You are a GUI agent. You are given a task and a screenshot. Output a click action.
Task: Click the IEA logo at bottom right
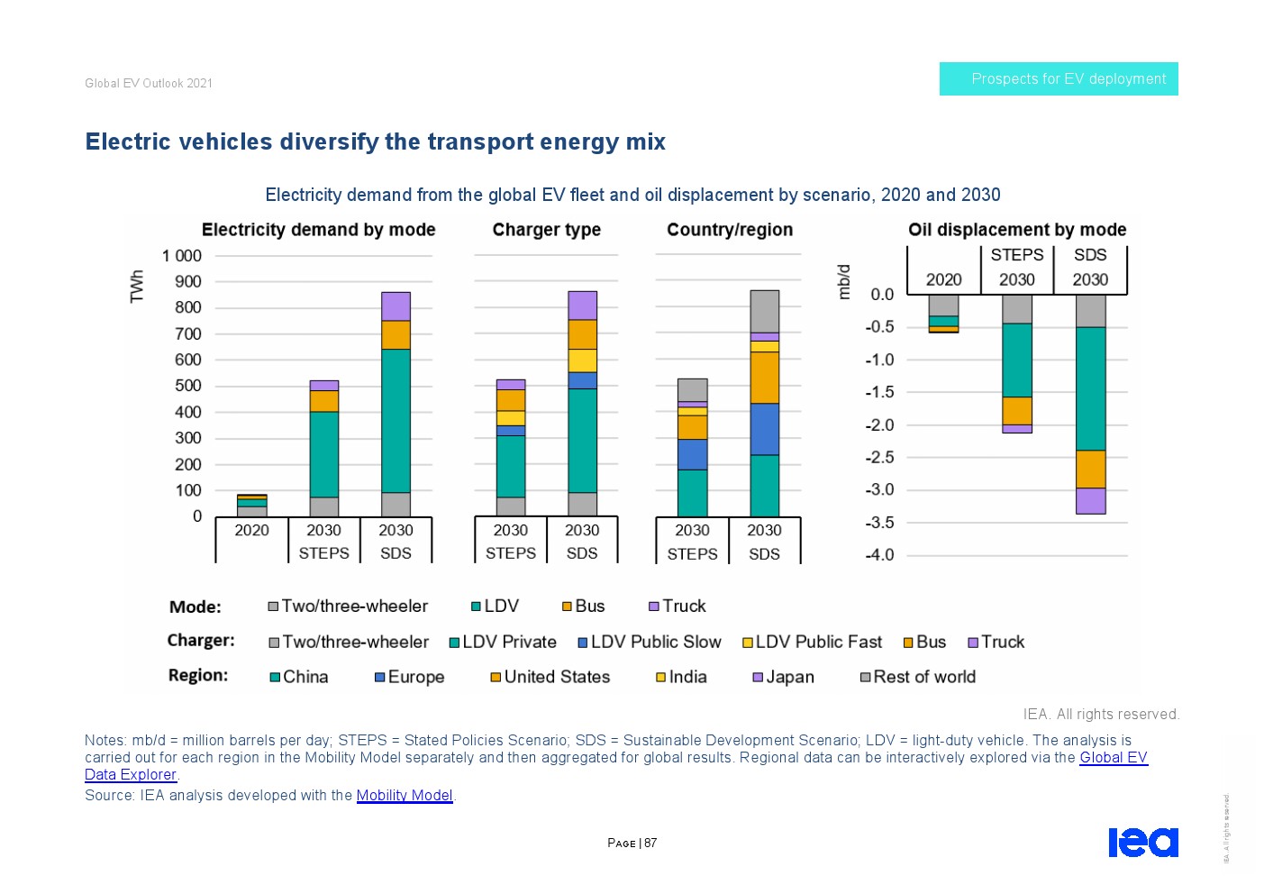(x=1142, y=842)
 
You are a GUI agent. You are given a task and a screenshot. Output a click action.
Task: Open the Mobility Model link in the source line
(x=404, y=795)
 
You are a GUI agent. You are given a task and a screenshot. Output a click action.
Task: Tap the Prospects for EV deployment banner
(x=1059, y=79)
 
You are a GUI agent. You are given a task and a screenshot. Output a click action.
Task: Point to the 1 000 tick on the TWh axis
(x=182, y=256)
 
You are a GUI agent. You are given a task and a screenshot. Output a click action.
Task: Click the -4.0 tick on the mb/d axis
(x=879, y=555)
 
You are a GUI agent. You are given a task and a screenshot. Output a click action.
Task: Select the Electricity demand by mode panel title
(x=318, y=230)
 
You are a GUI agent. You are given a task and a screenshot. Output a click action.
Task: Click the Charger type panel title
(x=546, y=230)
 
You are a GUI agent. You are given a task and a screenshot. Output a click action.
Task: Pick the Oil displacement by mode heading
(x=1016, y=230)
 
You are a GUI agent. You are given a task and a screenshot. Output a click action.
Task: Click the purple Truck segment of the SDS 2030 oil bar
(x=1090, y=501)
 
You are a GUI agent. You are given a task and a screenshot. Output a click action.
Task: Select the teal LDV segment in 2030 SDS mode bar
(x=396, y=420)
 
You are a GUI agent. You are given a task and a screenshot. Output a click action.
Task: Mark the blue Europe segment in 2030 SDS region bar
(x=764, y=429)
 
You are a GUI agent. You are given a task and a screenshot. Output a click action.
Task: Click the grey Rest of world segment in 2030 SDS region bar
(x=764, y=311)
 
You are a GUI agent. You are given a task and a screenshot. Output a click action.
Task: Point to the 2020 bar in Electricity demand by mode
(x=252, y=506)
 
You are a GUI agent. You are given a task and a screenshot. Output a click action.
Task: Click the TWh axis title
(x=137, y=287)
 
